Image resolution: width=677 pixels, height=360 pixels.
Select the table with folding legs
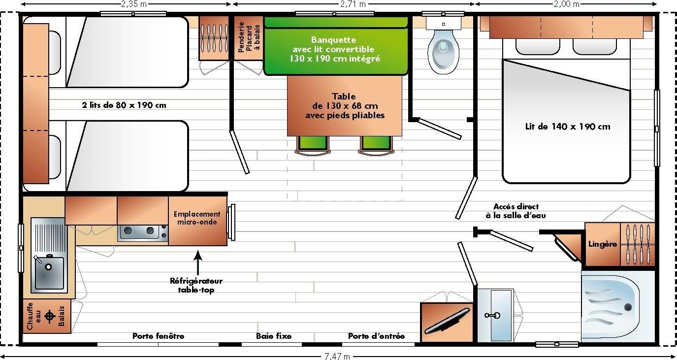click(344, 106)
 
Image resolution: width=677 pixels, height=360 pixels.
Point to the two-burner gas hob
click(142, 231)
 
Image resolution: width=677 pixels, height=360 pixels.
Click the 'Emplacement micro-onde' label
click(197, 218)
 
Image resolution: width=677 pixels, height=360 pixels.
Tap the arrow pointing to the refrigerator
click(198, 261)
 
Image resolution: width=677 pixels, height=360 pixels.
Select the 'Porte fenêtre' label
click(158, 336)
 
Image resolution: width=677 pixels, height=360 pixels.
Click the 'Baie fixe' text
click(273, 336)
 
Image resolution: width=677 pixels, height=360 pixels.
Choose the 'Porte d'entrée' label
click(376, 336)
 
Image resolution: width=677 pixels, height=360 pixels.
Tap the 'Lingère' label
click(602, 244)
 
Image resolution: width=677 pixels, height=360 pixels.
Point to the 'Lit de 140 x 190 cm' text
click(567, 127)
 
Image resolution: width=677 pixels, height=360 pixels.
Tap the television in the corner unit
click(447, 320)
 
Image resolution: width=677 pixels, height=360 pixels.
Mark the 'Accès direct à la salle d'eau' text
click(516, 211)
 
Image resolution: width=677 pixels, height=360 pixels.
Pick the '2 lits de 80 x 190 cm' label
click(124, 105)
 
